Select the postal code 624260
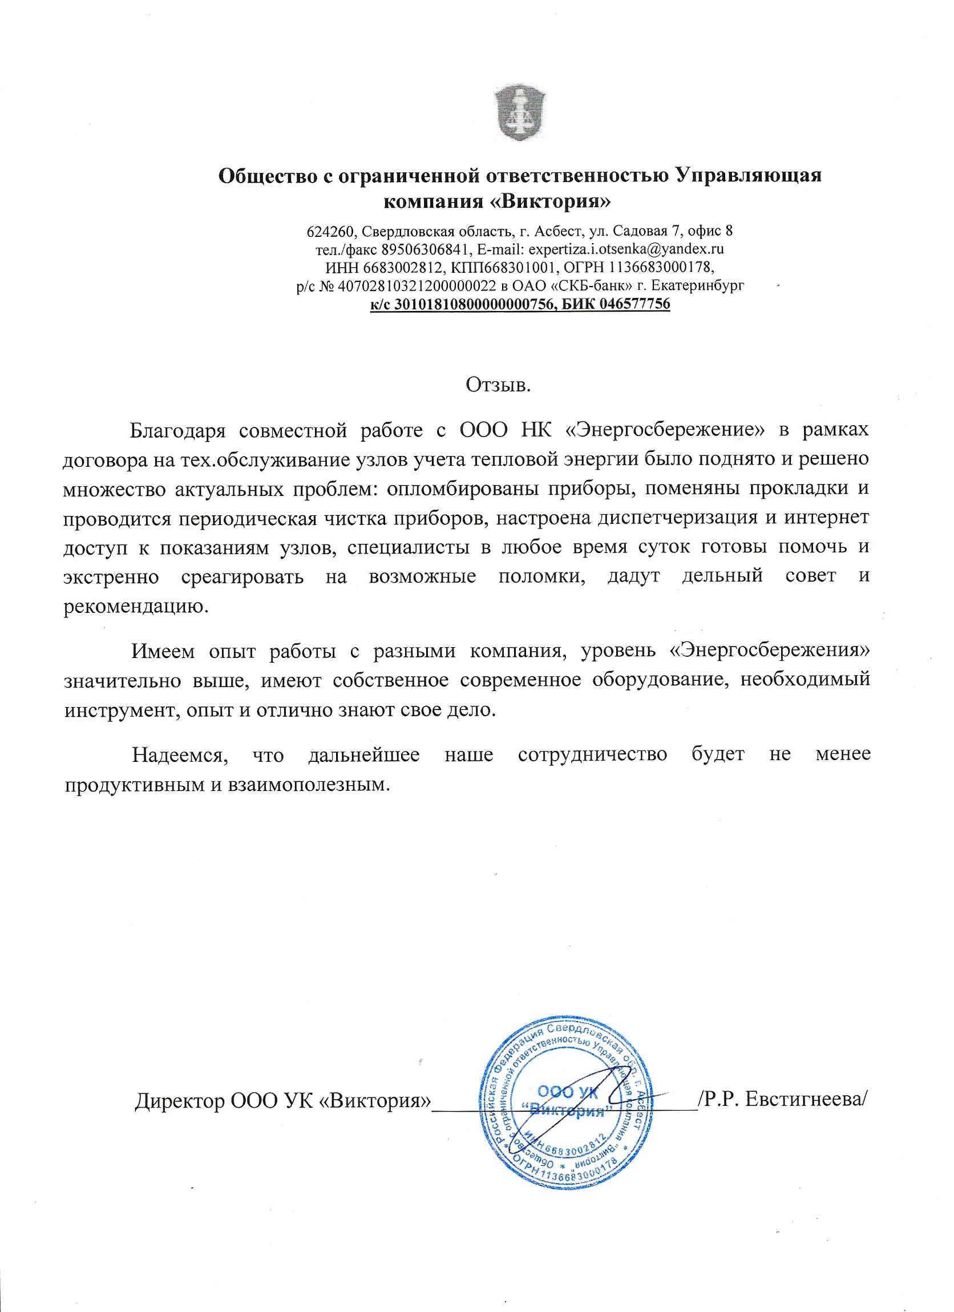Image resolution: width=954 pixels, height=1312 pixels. [329, 232]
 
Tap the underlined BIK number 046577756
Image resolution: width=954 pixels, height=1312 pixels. [634, 304]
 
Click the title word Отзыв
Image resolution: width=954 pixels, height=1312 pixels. [498, 385]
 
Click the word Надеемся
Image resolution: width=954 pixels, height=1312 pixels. [180, 755]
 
